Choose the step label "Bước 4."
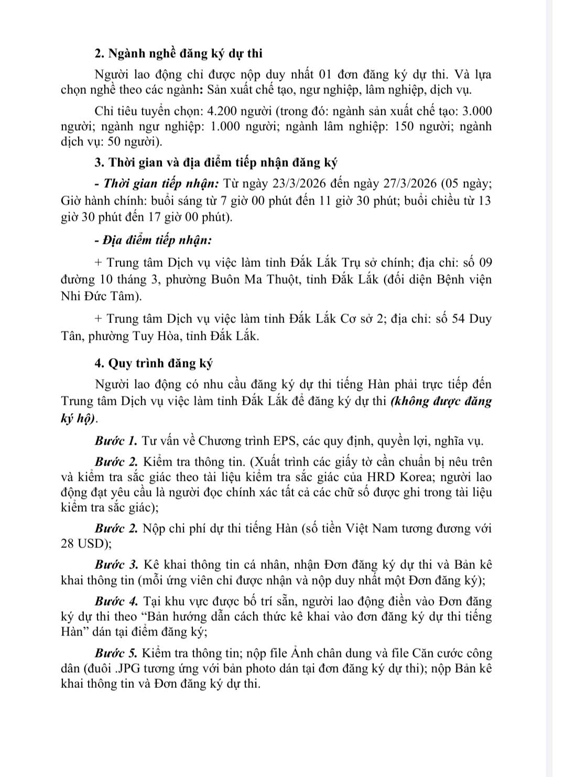coord(117,600)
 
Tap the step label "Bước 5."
coord(117,653)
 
